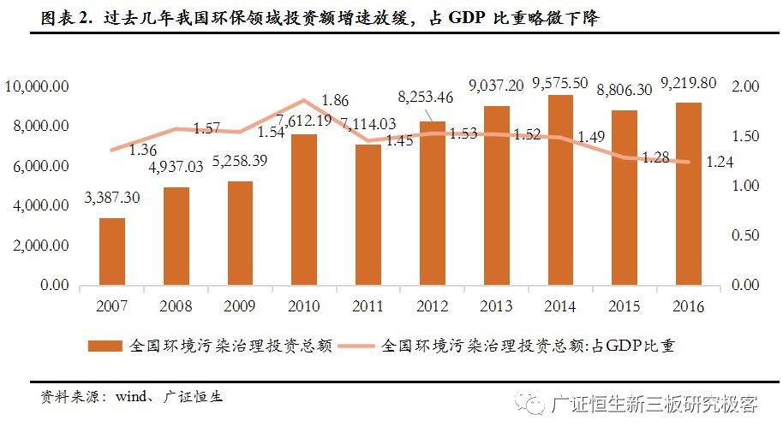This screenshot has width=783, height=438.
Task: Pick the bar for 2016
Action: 688,193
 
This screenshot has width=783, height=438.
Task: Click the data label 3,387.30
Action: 112,198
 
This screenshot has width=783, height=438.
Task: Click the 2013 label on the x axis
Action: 496,306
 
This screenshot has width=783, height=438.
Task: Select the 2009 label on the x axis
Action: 240,306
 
